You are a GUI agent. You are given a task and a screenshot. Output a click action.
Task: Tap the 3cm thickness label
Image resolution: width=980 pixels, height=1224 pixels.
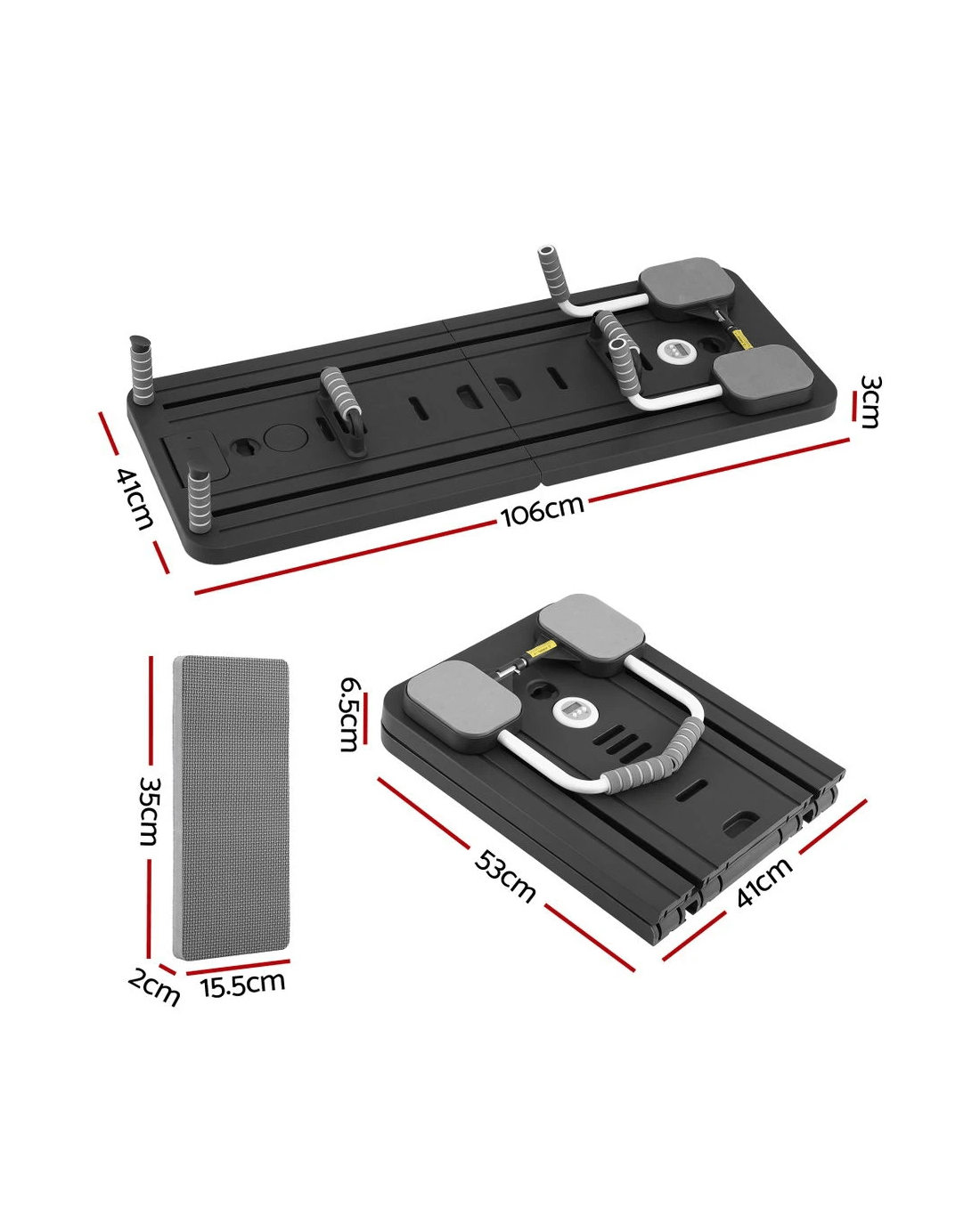870,401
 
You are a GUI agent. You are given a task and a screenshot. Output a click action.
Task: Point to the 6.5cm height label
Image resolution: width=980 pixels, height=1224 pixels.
349,714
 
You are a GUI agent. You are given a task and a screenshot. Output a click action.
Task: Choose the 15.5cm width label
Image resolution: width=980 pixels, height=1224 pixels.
242,985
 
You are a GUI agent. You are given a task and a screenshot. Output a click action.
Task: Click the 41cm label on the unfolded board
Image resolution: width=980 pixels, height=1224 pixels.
135,499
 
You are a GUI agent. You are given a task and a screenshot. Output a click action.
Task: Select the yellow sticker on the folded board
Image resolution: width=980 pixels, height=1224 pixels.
542,648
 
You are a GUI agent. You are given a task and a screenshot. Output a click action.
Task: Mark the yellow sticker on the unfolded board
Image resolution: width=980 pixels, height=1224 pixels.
741,339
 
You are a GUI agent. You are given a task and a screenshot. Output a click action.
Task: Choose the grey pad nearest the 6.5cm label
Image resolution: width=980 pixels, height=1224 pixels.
462,703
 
